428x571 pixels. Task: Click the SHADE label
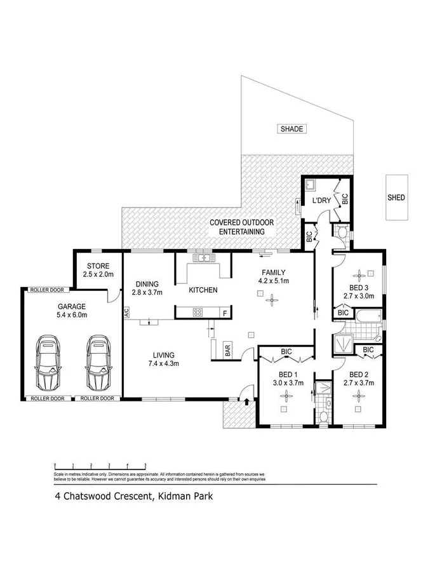(293, 129)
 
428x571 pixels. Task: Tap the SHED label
(396, 198)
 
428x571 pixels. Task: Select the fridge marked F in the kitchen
(224, 312)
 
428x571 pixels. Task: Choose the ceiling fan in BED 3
(359, 275)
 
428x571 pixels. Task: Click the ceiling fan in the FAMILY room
(273, 299)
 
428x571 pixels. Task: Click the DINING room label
(147, 284)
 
